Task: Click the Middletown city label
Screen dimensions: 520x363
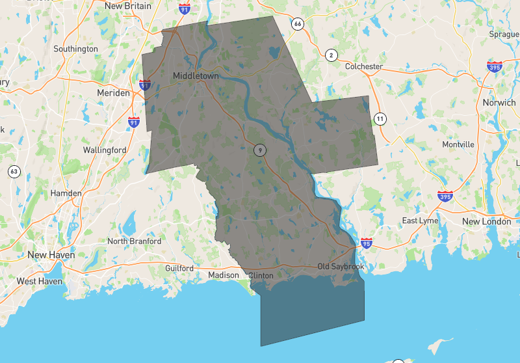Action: pos(196,76)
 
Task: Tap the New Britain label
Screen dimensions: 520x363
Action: pos(127,6)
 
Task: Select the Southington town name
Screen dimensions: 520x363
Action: pos(75,49)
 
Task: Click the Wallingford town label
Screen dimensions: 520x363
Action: pos(105,150)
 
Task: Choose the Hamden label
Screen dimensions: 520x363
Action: pos(66,193)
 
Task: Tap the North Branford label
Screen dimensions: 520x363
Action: pos(134,241)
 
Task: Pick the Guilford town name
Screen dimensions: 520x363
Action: pos(179,268)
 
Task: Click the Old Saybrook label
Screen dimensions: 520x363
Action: pos(341,267)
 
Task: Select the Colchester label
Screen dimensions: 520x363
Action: pos(364,66)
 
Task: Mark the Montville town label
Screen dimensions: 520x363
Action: pos(458,144)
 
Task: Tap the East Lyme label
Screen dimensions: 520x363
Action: pos(420,221)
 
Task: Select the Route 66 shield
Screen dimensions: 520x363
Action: pos(298,24)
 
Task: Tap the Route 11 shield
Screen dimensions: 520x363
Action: pos(380,118)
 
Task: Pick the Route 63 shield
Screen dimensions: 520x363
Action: pos(14,172)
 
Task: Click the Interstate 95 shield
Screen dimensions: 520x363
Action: pos(367,243)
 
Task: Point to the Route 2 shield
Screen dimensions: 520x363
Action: pos(331,55)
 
